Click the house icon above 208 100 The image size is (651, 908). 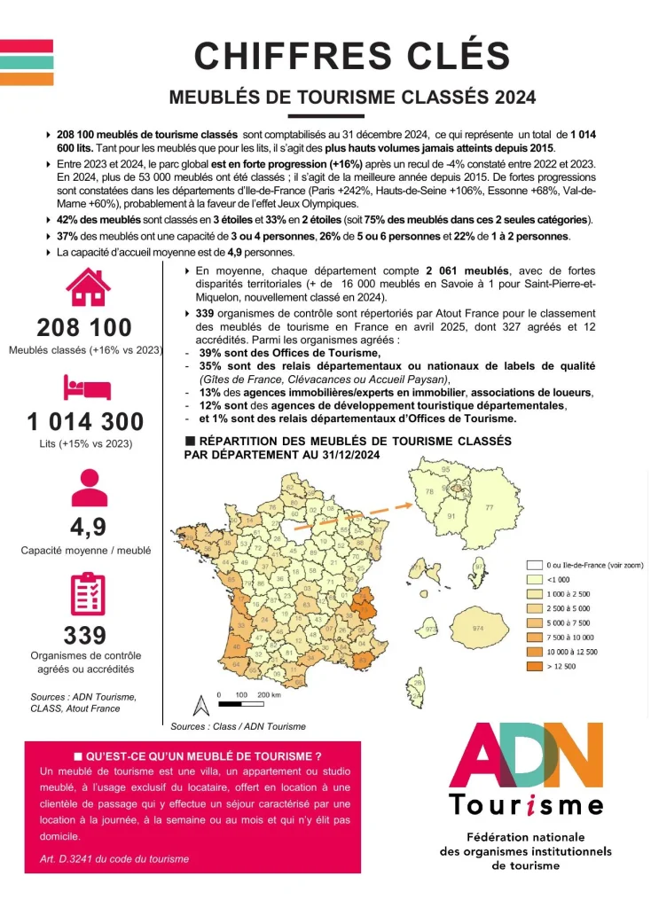[x=88, y=286]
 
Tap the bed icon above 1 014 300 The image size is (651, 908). [x=87, y=387]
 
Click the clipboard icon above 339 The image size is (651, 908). [x=87, y=594]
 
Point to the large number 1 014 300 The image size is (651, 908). [x=86, y=421]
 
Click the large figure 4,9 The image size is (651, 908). [x=88, y=527]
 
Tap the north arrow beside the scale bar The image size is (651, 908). [x=200, y=705]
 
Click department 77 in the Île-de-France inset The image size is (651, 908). [x=489, y=508]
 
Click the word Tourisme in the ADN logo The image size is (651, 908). [x=525, y=805]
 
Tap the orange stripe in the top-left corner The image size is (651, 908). [x=27, y=79]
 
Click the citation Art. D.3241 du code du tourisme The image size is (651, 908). [x=114, y=858]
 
